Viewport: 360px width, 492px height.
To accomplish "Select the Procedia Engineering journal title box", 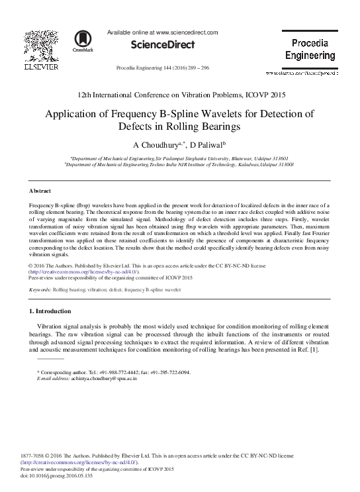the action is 310,50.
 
